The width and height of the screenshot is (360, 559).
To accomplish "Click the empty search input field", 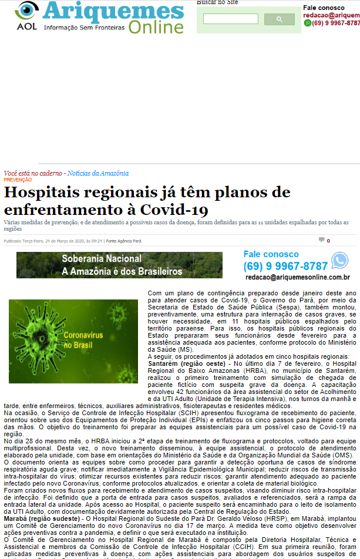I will coord(230,19).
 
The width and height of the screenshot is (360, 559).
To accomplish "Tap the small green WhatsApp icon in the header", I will coord(307,23).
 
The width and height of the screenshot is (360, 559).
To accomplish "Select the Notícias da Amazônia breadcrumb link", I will coord(97,173).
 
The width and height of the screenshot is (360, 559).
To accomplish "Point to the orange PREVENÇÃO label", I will coord(18,180).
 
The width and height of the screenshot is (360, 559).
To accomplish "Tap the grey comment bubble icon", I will coord(321,240).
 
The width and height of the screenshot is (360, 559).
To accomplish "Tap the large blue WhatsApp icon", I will coord(339,261).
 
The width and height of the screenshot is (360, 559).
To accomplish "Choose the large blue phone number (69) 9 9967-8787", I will coord(286,266).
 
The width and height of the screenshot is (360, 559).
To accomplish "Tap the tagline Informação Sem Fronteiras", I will coord(85,27).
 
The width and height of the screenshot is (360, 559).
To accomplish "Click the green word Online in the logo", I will coord(156,27).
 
